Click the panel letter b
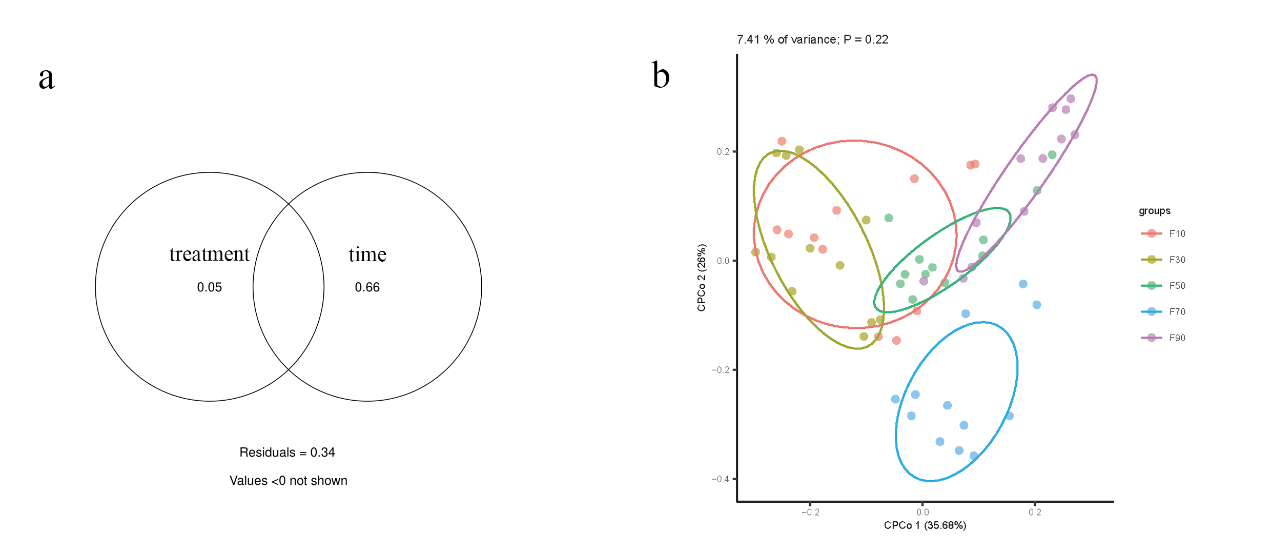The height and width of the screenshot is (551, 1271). pyautogui.click(x=661, y=76)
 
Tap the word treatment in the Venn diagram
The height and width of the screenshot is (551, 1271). pyautogui.click(x=209, y=254)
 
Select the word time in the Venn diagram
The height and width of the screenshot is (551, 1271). pyautogui.click(x=367, y=254)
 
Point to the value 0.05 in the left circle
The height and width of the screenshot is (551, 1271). pyautogui.click(x=209, y=287)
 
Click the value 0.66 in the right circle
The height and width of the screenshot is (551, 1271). pyautogui.click(x=367, y=287)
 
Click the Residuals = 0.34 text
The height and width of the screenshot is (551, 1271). pyautogui.click(x=287, y=452)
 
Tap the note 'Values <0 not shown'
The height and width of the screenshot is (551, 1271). pyautogui.click(x=288, y=481)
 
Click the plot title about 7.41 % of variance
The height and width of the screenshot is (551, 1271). pyautogui.click(x=812, y=40)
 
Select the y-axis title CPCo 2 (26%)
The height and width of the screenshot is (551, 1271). pyautogui.click(x=702, y=278)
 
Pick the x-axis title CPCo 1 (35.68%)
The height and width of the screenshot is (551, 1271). pyautogui.click(x=925, y=525)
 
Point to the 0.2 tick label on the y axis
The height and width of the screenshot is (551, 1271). pyautogui.click(x=723, y=152)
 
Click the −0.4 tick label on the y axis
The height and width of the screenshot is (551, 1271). pyautogui.click(x=720, y=479)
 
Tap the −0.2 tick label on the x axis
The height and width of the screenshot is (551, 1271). pyautogui.click(x=810, y=512)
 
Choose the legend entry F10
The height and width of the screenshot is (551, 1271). pyautogui.click(x=1177, y=234)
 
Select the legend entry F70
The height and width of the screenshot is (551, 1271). pyautogui.click(x=1177, y=312)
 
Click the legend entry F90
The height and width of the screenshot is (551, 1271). pyautogui.click(x=1177, y=338)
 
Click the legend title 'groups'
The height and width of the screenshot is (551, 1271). pyautogui.click(x=1154, y=211)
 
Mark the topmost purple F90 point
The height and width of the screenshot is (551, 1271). pyautogui.click(x=1071, y=99)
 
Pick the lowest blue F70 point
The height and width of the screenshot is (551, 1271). pyautogui.click(x=974, y=456)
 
